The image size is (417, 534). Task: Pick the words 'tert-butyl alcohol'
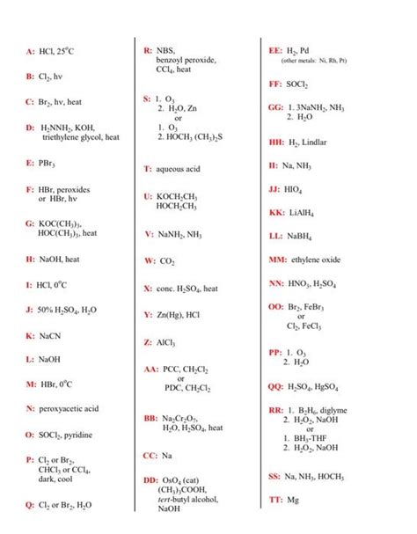[x=189, y=499]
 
